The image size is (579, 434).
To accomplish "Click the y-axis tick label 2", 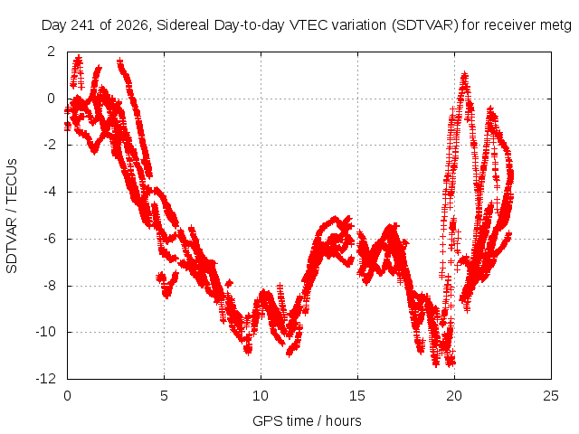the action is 51,52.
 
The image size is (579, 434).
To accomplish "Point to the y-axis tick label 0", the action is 51,99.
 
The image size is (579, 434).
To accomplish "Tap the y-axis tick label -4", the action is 49,192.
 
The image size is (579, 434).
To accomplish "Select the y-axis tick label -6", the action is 49,239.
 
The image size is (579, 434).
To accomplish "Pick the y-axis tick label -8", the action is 49,286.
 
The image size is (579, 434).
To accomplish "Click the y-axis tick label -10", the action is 45,332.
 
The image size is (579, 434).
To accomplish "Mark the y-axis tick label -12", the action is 45,379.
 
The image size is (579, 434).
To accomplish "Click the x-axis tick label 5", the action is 164,396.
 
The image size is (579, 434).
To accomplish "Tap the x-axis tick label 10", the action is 261,396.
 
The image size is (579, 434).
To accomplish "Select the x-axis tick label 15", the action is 357,396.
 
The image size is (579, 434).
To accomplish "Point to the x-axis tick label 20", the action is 454,396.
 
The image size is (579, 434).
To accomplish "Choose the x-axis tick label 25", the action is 551,396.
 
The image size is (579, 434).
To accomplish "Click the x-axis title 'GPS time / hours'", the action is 307,421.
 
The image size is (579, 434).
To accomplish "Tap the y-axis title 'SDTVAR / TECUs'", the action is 12,216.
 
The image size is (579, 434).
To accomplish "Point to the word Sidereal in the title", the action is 183,25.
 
